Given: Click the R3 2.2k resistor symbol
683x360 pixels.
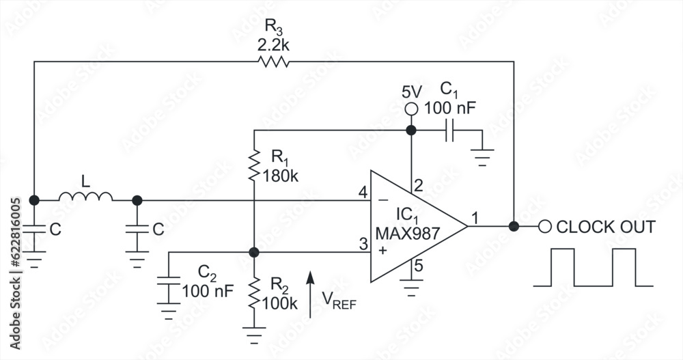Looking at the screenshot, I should pos(273,62).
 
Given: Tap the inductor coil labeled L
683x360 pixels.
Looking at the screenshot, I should pos(85,197).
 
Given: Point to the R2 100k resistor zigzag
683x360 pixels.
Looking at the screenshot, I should pos(253,292).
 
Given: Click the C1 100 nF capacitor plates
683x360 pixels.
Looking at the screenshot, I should pos(449,130).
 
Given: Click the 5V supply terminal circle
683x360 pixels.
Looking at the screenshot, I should pos(410,109).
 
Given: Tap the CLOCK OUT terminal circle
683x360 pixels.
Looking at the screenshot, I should pos(544,226).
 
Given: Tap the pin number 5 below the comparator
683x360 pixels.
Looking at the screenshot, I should pos(418,267).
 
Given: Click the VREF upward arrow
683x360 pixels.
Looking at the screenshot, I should pos(311,294).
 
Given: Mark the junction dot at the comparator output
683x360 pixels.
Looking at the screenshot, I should pos(514,226).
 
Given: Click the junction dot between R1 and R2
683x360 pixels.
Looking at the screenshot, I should pos(253,253).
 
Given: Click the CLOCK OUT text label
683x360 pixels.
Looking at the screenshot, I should pos(606,227).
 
